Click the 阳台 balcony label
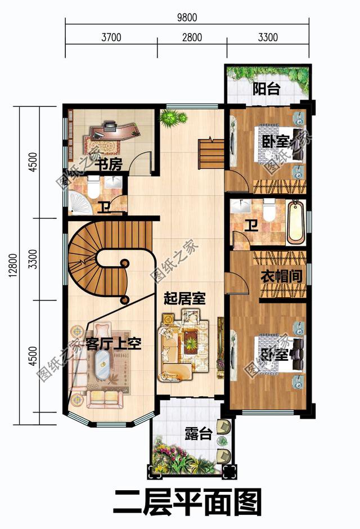coord(267,89)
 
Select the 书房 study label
coord(107,164)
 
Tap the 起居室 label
coord(184,298)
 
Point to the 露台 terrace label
coord(198,434)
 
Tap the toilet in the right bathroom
coord(269,209)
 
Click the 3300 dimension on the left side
coord(35,259)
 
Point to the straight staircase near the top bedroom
coord(211,152)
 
